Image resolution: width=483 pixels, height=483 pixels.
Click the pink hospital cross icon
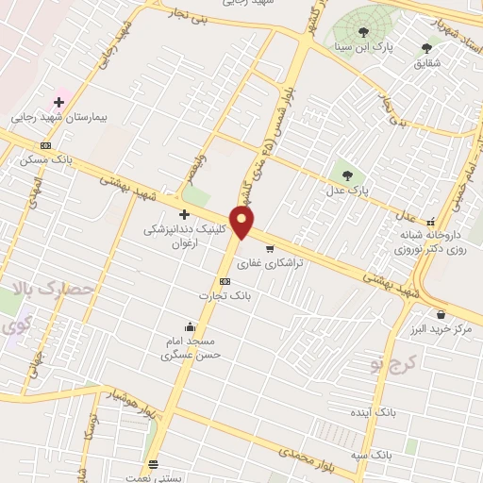click(x=58, y=102)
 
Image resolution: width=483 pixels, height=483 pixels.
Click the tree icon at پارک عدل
click(x=347, y=175)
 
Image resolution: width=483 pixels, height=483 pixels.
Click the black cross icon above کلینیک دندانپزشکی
click(x=184, y=214)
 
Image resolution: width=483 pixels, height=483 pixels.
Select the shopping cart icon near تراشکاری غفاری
click(x=270, y=249)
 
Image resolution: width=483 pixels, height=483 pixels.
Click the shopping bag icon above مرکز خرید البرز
click(x=440, y=314)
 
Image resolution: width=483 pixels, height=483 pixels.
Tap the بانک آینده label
click(x=395, y=412)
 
